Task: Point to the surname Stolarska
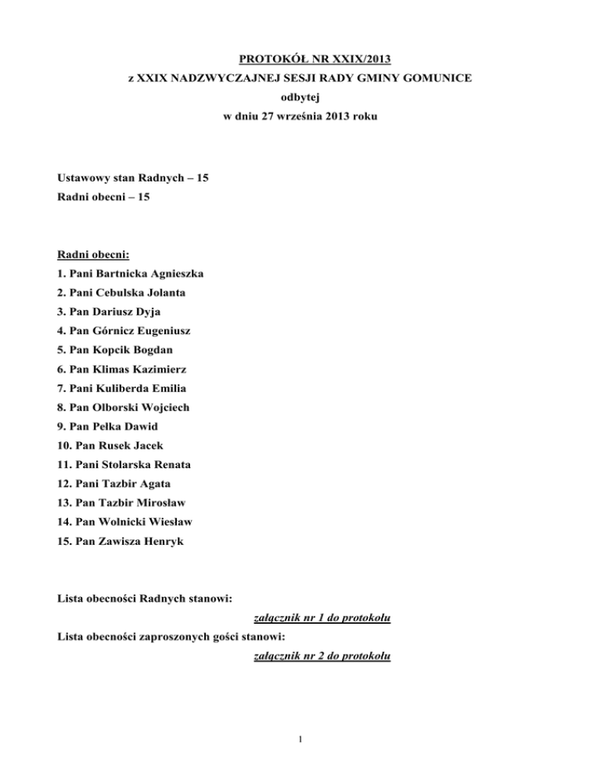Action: (128, 464)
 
